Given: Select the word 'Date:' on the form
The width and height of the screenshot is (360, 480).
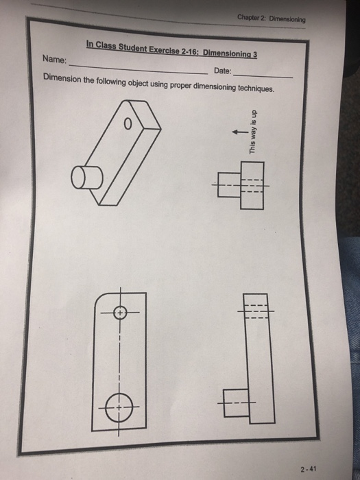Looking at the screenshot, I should point(222,71).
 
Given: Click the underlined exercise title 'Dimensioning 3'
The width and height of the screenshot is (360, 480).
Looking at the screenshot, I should point(228,53).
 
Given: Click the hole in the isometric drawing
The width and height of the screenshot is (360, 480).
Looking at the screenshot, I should point(127,125).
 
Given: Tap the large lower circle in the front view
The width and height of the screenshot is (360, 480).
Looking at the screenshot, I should point(119,406).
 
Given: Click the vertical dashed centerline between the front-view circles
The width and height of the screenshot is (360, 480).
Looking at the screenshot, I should point(119,357).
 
